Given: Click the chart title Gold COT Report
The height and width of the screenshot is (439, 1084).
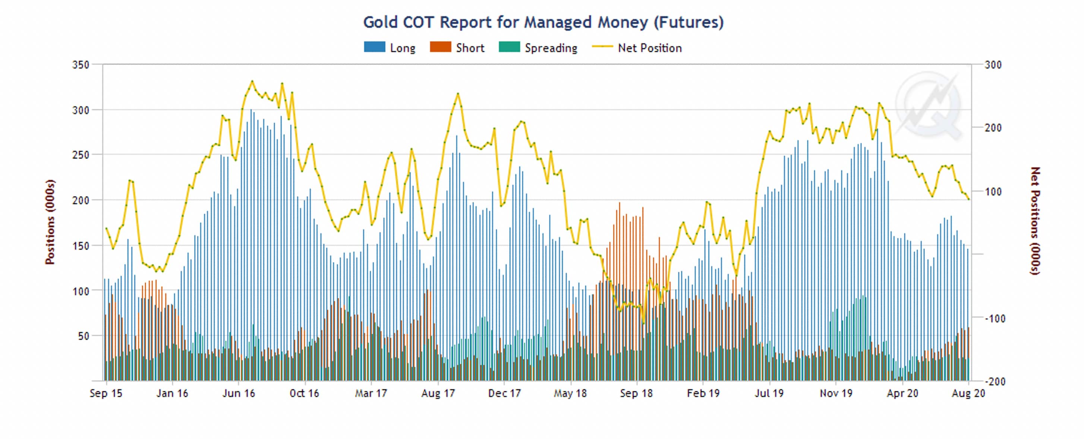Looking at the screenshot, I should click(x=543, y=22).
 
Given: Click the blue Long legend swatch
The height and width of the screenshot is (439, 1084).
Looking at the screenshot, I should click(x=374, y=47).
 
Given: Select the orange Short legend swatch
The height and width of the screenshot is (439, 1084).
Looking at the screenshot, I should click(x=440, y=47).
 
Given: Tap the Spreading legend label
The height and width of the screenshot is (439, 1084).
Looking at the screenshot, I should click(x=551, y=48).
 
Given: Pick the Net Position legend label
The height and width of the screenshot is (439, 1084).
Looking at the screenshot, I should click(x=649, y=48).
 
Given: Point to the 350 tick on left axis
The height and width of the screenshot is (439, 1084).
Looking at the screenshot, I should click(x=81, y=65).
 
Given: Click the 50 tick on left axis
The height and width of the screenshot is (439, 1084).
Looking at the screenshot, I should click(x=83, y=336).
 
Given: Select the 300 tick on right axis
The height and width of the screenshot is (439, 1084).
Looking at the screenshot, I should click(x=993, y=65).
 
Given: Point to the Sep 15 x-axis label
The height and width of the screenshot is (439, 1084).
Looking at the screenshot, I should click(x=105, y=393).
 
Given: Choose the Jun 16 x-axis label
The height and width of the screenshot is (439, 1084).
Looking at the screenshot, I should click(x=239, y=393).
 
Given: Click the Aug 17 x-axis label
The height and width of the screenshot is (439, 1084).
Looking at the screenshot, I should click(x=438, y=393).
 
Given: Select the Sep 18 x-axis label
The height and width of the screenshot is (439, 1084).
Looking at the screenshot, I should click(x=636, y=393).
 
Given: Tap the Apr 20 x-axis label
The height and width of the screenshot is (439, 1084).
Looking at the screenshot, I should click(x=902, y=393).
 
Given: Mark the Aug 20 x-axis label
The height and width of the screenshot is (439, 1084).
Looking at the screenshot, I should click(x=968, y=393).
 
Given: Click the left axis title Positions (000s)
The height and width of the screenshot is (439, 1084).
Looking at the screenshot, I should click(x=50, y=222).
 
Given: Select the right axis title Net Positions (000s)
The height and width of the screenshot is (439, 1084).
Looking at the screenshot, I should click(x=1035, y=221).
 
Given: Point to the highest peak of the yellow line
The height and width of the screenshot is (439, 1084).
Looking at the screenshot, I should click(x=252, y=81).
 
